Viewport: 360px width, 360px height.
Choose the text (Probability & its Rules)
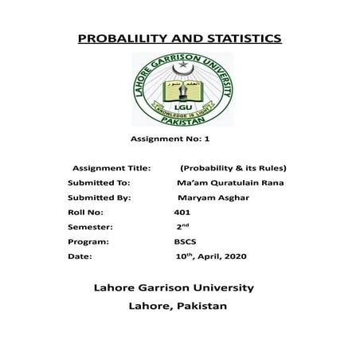pyautogui.click(x=233, y=168)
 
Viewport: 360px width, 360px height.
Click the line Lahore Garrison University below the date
pyautogui.click(x=174, y=287)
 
